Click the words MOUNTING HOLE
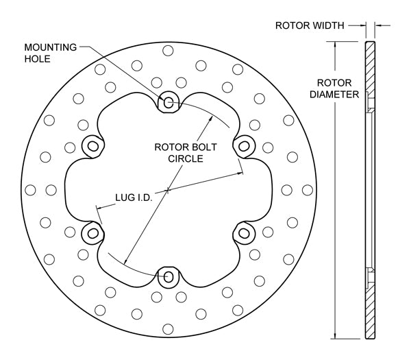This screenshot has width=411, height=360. (x=49, y=53)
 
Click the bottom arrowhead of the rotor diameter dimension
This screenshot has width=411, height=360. (x=335, y=335)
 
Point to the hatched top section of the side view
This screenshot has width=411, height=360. (x=370, y=69)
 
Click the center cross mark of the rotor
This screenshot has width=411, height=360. (x=169, y=190)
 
